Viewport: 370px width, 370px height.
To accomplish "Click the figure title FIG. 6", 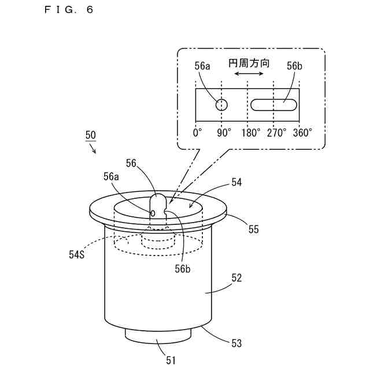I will click(x=68, y=10).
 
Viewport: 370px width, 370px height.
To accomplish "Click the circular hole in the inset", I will click(x=221, y=105).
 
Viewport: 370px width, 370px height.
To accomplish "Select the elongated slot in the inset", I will click(x=274, y=105).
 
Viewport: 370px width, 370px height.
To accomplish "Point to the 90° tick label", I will click(x=224, y=132).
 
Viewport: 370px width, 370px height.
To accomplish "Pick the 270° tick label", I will click(x=276, y=132).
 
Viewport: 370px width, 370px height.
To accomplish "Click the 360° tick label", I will click(x=302, y=132).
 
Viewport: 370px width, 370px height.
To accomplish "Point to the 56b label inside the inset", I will click(x=294, y=66).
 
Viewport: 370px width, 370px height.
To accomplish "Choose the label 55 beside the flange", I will click(x=254, y=230).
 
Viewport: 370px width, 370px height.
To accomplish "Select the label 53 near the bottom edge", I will click(x=236, y=343).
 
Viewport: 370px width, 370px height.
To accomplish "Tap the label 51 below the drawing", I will click(x=171, y=360).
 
